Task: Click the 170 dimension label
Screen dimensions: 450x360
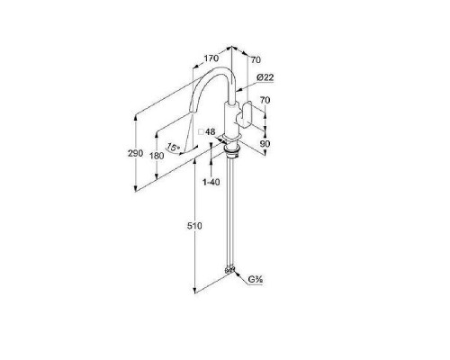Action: click(x=211, y=58)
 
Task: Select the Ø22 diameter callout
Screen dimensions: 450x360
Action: click(x=265, y=77)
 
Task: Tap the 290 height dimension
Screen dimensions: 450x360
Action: click(x=135, y=153)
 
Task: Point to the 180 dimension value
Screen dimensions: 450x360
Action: click(x=157, y=156)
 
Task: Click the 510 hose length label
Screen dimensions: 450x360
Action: click(x=194, y=226)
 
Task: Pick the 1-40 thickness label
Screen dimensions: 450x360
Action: click(x=211, y=182)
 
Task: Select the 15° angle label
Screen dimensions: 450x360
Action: click(x=173, y=148)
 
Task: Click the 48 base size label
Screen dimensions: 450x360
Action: click(x=211, y=131)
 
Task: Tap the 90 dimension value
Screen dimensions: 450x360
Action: click(x=265, y=144)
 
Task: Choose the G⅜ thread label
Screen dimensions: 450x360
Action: click(x=256, y=280)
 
